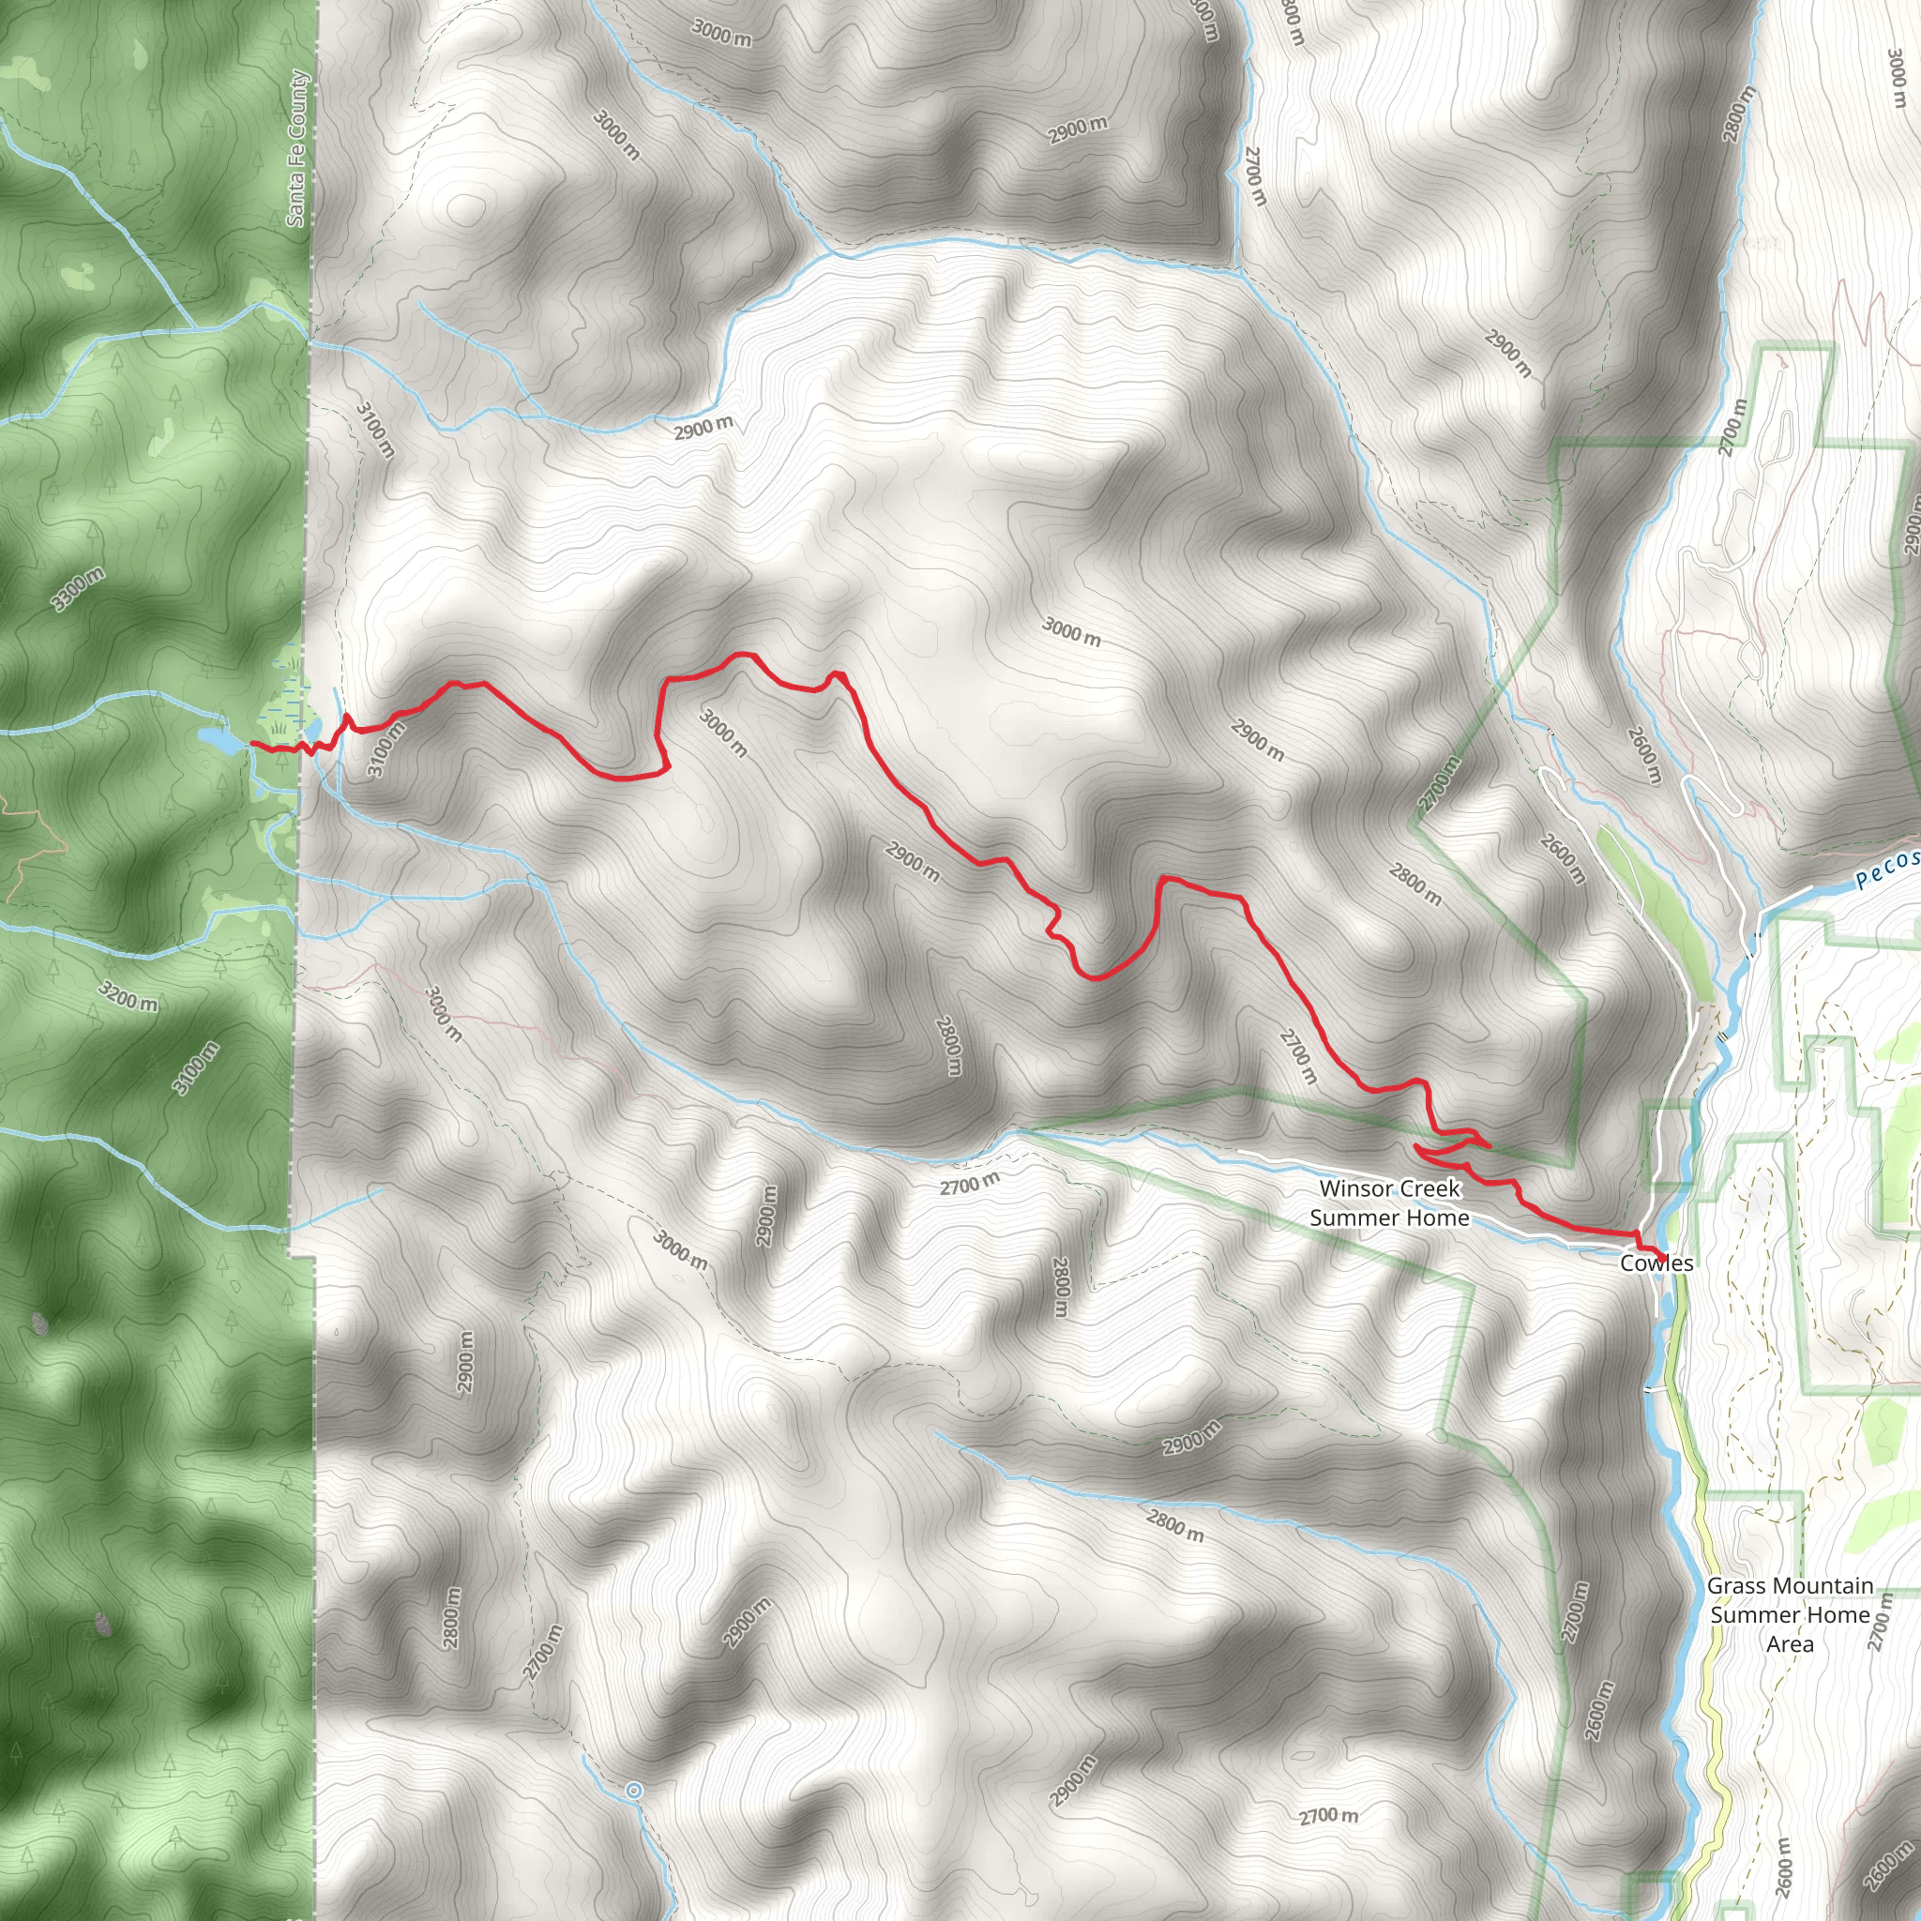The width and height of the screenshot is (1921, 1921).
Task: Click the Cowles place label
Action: (1656, 1263)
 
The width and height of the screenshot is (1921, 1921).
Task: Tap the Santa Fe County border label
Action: (297, 148)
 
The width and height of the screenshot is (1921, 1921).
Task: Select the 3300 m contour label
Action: (78, 589)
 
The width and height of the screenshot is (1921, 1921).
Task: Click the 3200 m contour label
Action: (129, 995)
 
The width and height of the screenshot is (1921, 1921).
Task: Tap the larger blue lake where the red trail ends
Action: (219, 740)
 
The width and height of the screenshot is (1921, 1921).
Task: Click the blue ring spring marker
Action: (633, 1791)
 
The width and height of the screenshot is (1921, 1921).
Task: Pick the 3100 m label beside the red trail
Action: (386, 749)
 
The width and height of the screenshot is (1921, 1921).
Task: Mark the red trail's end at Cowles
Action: (1661, 1255)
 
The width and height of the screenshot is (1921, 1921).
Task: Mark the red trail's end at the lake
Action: (252, 743)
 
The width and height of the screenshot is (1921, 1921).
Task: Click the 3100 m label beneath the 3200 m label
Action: (196, 1067)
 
